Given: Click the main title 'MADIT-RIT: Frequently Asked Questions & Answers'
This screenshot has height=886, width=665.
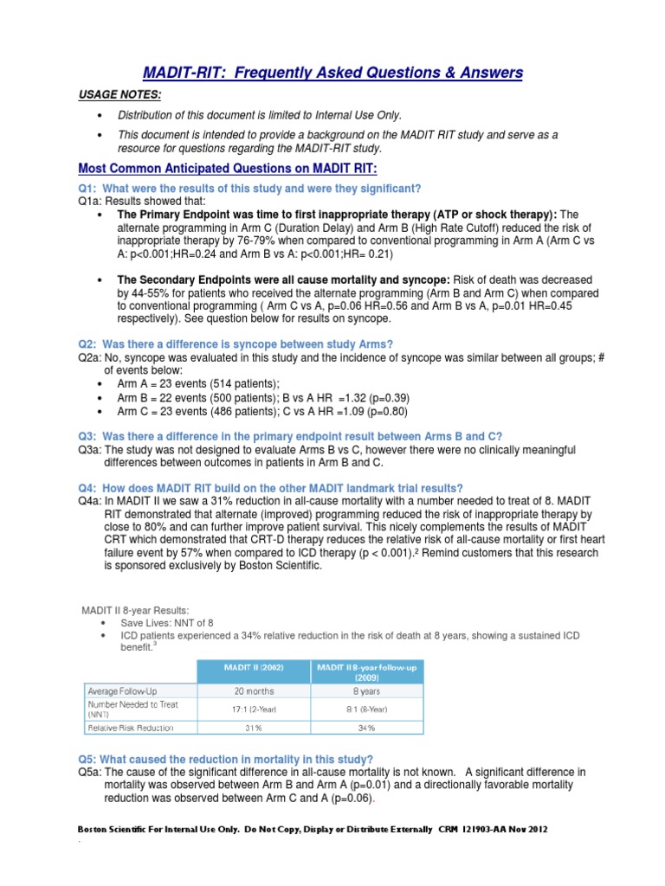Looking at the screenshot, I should click(332, 72).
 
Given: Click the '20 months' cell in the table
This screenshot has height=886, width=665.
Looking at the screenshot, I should click(254, 690).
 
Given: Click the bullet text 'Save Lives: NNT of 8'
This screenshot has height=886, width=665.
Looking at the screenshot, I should click(167, 622).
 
